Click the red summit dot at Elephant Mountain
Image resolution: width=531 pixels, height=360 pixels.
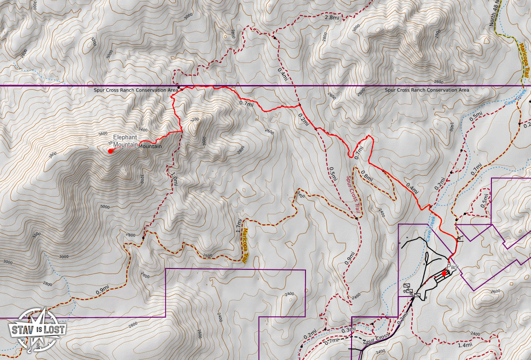tap(110, 151)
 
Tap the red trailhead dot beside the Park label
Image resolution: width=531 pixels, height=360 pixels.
tap(444, 274)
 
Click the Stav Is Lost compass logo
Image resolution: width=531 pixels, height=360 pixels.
tap(36, 328)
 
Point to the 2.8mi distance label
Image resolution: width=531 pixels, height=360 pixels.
tap(331, 17)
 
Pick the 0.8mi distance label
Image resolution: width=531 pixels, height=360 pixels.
tap(367, 175)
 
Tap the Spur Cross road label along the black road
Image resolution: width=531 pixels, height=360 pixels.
tap(376, 341)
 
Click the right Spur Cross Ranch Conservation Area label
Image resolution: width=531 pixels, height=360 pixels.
tap(427, 90)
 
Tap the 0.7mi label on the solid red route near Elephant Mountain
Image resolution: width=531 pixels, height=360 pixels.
tap(247, 103)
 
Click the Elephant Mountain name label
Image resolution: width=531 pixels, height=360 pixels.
tap(126, 141)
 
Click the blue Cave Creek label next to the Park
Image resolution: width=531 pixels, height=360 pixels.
tap(430, 229)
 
